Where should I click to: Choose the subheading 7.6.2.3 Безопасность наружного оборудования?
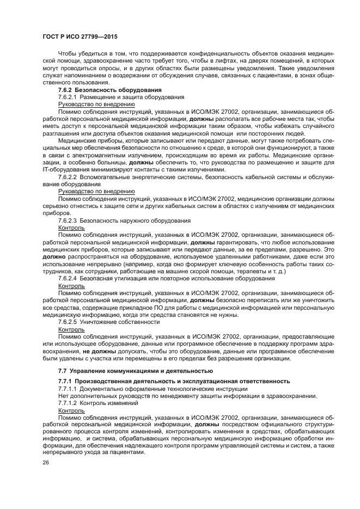click(x=124, y=220)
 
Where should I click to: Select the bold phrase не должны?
click(x=100, y=352)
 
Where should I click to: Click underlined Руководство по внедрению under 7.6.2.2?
click(x=96, y=191)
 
